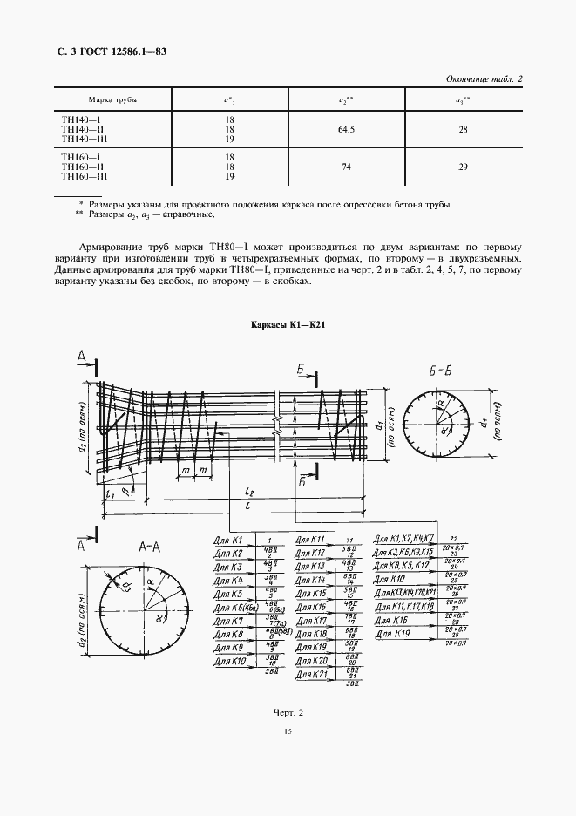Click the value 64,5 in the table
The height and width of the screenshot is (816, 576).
346,130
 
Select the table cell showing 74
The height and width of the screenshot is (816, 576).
346,166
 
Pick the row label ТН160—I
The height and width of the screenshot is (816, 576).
80,157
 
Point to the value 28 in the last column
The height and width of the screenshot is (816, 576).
463,130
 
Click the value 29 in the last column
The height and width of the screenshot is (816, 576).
463,166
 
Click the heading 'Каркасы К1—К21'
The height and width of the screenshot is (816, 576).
288,324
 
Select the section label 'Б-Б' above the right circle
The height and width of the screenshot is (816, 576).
439,369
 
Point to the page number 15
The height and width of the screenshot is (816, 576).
288,756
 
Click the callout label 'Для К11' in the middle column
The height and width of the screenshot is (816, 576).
310,540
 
